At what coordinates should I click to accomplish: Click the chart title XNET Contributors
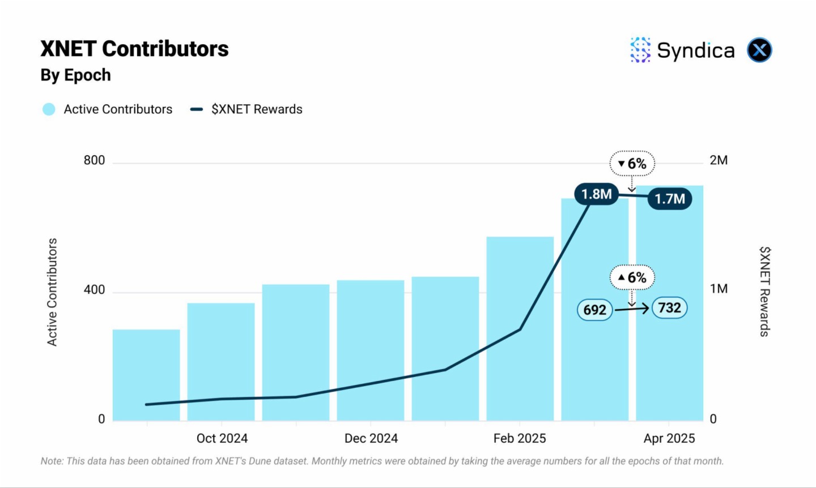tap(134, 49)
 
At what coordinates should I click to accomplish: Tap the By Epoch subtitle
tap(75, 75)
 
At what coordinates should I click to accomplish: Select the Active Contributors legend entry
tap(108, 109)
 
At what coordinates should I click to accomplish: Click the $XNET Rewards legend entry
tap(246, 109)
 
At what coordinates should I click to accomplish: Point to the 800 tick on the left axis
tap(94, 160)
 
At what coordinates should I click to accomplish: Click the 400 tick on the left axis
tap(94, 290)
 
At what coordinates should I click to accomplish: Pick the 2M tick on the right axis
tap(719, 160)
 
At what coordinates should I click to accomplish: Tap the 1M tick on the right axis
tap(719, 289)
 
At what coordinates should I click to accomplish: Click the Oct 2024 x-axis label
tap(222, 439)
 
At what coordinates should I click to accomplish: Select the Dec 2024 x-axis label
tap(371, 439)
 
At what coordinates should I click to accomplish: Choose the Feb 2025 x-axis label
tap(520, 439)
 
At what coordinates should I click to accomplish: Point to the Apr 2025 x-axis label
tap(669, 439)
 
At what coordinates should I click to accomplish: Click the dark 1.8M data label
tap(596, 195)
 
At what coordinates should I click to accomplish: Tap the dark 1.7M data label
tap(670, 199)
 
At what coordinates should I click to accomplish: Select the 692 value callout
tap(595, 310)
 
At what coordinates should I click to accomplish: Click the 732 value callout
tap(670, 308)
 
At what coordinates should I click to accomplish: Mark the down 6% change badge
tap(632, 164)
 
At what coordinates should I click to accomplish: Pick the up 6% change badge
tap(632, 277)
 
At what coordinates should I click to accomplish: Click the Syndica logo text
tap(695, 50)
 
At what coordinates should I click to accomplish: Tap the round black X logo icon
tap(759, 50)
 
